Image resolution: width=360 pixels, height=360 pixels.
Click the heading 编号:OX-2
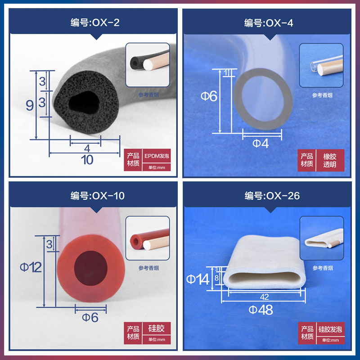coord(95,22)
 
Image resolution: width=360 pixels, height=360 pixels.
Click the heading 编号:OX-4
coord(269,22)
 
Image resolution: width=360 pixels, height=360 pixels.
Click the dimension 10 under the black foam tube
coord(86,160)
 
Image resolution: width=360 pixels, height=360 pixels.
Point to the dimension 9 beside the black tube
coord(30,105)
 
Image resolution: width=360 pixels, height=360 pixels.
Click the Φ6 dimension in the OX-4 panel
coord(208,96)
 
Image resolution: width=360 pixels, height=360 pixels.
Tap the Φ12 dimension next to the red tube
coord(31,267)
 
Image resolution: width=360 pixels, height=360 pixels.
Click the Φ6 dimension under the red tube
coord(90,317)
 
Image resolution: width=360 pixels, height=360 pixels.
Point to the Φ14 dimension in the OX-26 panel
coord(198,279)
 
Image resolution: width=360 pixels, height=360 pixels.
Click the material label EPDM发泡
coord(157,156)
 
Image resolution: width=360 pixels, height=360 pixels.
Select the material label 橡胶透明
coord(330,160)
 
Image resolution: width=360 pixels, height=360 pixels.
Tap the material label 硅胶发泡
coord(330,329)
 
